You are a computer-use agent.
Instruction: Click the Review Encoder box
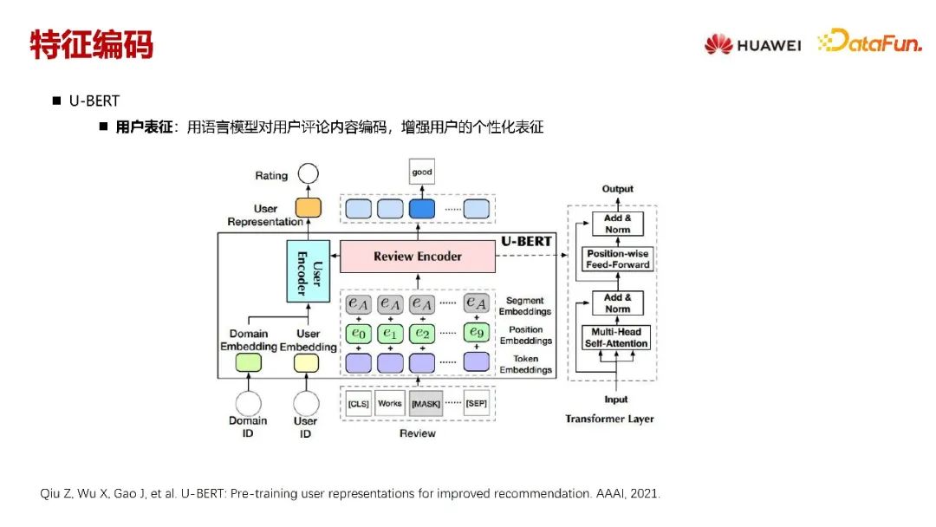point(417,256)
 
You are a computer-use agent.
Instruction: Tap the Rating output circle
point(307,175)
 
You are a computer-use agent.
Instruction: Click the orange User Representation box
point(307,208)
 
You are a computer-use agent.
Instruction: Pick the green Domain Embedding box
point(249,363)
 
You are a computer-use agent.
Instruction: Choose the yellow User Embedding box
point(306,363)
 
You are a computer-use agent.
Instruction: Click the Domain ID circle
point(249,403)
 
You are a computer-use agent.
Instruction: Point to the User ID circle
point(306,403)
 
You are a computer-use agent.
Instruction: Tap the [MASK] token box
point(426,404)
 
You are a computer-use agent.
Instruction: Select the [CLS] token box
point(358,404)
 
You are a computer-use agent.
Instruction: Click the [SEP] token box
point(476,404)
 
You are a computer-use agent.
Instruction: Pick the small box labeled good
point(422,172)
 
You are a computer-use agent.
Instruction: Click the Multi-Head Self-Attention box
point(618,338)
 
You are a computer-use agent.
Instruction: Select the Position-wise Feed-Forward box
point(618,259)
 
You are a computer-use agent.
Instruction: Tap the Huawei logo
point(752,44)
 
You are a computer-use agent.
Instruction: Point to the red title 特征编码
point(91,44)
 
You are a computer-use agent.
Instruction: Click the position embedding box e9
point(476,332)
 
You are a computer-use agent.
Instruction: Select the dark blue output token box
point(422,208)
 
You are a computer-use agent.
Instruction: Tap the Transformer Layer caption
point(610,419)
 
